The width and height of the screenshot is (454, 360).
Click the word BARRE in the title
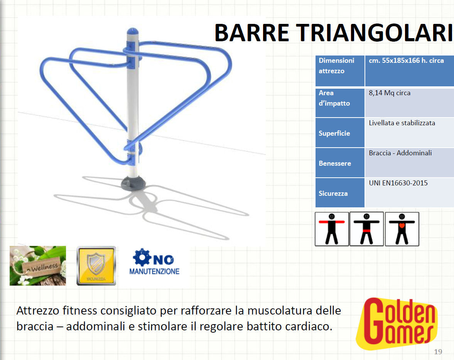click(x=251, y=33)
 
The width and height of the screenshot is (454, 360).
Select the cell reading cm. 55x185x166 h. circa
click(x=409, y=71)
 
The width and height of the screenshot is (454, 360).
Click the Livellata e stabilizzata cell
click(x=409, y=132)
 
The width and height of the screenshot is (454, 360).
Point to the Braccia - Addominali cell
click(x=409, y=162)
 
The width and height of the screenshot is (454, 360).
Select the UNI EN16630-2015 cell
click(x=409, y=192)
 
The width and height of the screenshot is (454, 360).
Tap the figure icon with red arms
click(x=332, y=229)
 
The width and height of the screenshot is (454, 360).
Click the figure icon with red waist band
click(x=366, y=229)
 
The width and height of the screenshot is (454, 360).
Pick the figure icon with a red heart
click(x=402, y=229)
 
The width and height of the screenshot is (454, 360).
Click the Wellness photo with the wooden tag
click(x=38, y=266)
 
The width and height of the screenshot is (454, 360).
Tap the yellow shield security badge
click(x=96, y=266)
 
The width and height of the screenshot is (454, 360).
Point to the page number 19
click(x=438, y=352)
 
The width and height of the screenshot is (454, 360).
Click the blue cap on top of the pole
click(x=132, y=31)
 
